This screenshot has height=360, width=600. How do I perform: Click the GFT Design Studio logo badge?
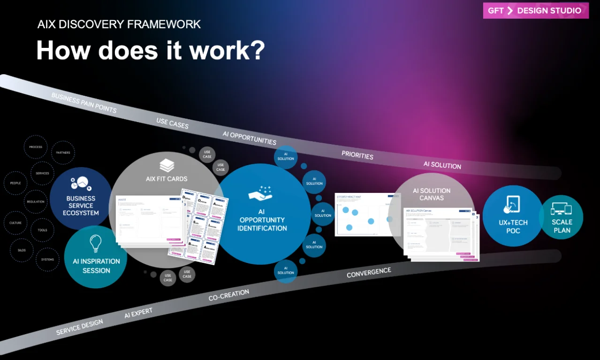pyautogui.click(x=536, y=11)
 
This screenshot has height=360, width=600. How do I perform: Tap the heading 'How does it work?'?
pyautogui.click(x=151, y=50)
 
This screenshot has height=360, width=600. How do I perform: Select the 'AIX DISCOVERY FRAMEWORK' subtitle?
pyautogui.click(x=119, y=24)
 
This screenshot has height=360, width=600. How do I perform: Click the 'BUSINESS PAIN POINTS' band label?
pyautogui.click(x=84, y=103)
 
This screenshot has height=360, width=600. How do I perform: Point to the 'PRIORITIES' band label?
pyautogui.click(x=357, y=155)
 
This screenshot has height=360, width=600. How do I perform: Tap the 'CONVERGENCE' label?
pyautogui.click(x=369, y=273)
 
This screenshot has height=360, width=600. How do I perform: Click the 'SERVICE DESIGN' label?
pyautogui.click(x=79, y=327)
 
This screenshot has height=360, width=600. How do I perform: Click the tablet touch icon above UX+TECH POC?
pyautogui.click(x=512, y=205)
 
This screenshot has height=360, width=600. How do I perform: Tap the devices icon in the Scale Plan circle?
pyautogui.click(x=561, y=209)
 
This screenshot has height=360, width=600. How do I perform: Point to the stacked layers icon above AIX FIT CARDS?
pyautogui.click(x=167, y=165)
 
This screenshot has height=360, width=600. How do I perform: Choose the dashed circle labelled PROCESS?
pyautogui.click(x=36, y=147)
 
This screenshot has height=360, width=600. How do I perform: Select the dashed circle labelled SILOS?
pyautogui.click(x=22, y=250)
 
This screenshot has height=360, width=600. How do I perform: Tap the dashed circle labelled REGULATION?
pyautogui.click(x=36, y=202)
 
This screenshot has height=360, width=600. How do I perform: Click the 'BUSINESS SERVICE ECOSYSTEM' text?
pyautogui.click(x=81, y=206)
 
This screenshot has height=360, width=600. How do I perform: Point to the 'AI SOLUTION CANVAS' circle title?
pyautogui.click(x=432, y=194)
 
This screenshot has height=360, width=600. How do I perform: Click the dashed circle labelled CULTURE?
pyautogui.click(x=15, y=223)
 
